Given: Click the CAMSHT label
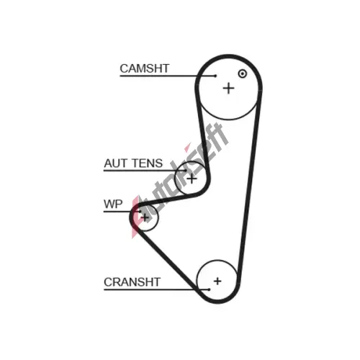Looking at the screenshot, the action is click(145, 68).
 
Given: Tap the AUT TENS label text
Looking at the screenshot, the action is click(133, 163).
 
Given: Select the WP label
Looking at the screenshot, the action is click(113, 204).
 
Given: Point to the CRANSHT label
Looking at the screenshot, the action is click(132, 282).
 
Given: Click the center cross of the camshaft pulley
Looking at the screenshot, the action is click(228, 89).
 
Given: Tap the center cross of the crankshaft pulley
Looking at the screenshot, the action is click(217, 281).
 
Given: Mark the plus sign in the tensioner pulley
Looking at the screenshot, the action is click(192, 179).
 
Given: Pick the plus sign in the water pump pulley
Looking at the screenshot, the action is click(145, 217).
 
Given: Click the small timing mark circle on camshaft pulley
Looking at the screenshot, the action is click(243, 73).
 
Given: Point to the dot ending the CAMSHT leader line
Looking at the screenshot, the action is click(215, 76).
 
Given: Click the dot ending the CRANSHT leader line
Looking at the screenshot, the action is click(210, 289).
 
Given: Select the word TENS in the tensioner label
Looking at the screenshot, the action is click(148, 163).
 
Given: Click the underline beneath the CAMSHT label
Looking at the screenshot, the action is click(168, 76).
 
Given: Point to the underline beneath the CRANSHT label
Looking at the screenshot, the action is click(156, 289).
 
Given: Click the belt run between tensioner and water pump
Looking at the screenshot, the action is click(168, 200).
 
